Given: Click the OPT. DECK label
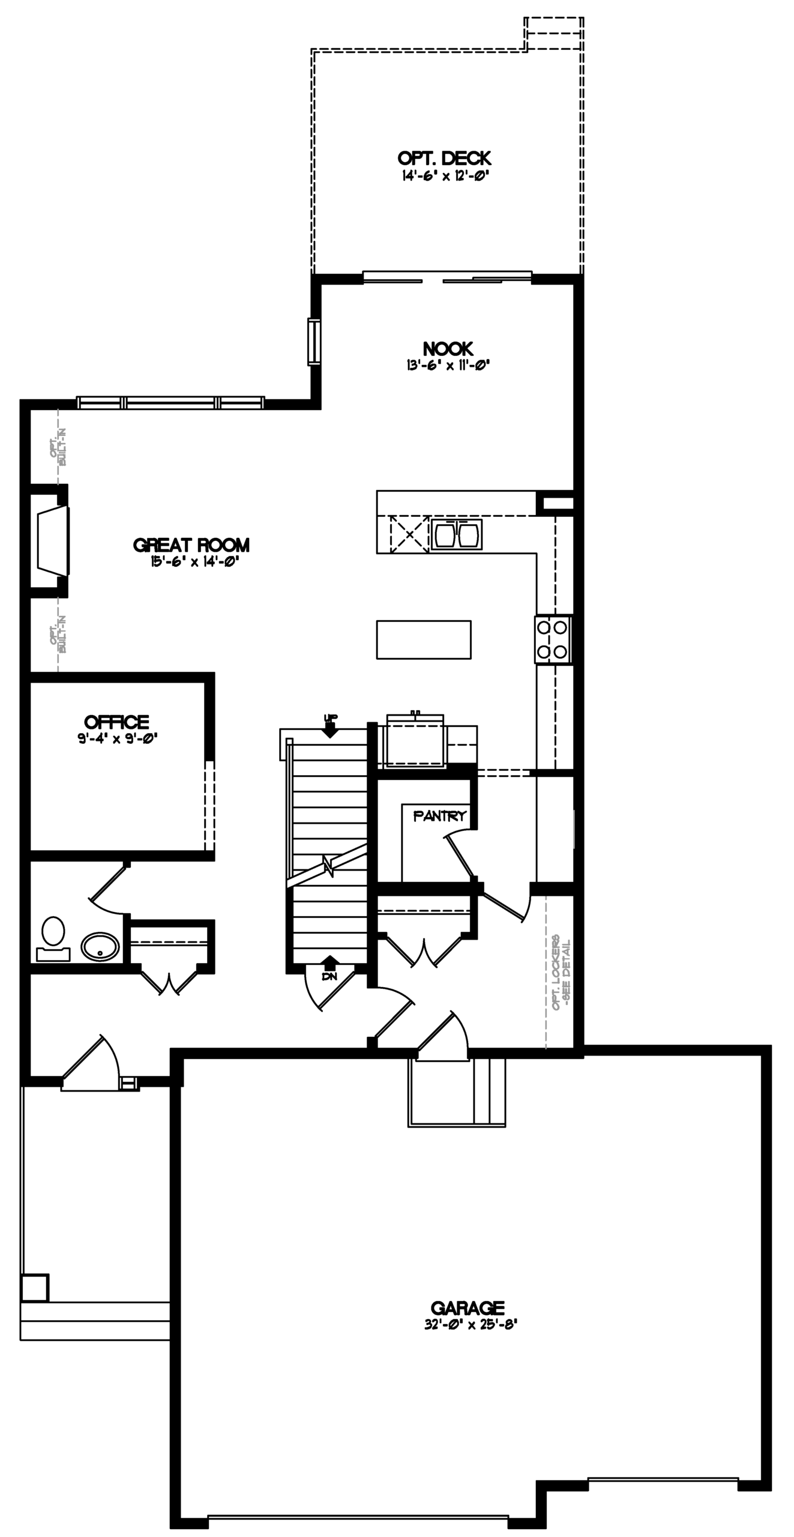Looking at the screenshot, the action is [x=444, y=159].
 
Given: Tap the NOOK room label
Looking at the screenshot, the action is [x=448, y=349].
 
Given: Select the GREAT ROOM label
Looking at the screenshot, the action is [x=191, y=545].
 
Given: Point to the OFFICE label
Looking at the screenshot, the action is [x=116, y=722].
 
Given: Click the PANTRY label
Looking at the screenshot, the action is [x=439, y=816].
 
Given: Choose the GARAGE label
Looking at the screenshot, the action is [x=468, y=1308].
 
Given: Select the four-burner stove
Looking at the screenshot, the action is [x=553, y=640].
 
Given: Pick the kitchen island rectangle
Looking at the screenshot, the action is [x=424, y=639].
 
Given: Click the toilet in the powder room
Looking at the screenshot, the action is [x=53, y=938].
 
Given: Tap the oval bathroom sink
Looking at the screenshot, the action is [x=100, y=946].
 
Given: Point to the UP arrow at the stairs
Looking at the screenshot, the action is [x=330, y=725].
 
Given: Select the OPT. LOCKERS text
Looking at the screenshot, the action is [x=556, y=972].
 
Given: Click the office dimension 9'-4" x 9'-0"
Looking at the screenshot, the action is [x=117, y=738].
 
